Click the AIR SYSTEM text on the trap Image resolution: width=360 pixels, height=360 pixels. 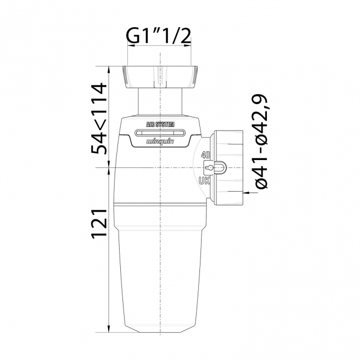[160, 125]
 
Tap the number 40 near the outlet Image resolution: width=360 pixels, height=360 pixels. [206, 155]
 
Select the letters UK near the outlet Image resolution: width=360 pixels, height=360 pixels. [205, 180]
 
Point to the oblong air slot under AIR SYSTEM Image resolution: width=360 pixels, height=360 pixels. [160, 133]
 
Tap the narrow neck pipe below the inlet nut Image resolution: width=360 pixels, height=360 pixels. [160, 102]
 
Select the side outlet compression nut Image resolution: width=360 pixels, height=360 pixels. [227, 167]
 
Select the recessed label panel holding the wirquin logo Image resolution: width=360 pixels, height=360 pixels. [160, 138]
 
